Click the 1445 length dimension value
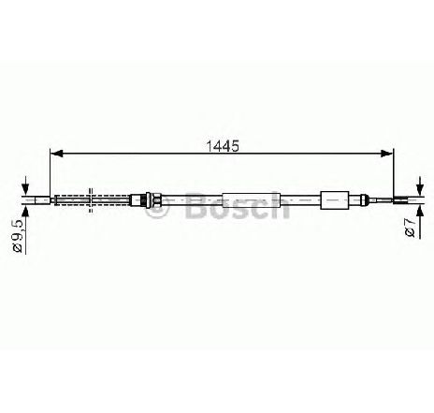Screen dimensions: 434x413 pyautogui.click(x=223, y=146)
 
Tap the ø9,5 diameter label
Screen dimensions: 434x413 pyautogui.click(x=18, y=236)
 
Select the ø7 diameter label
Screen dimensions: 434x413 pyautogui.click(x=411, y=229)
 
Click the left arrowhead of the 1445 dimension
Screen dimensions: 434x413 pyautogui.click(x=56, y=153)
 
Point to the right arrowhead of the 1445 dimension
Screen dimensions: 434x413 pyautogui.click(x=387, y=153)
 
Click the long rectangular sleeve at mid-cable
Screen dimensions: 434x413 pyautogui.click(x=252, y=200)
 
